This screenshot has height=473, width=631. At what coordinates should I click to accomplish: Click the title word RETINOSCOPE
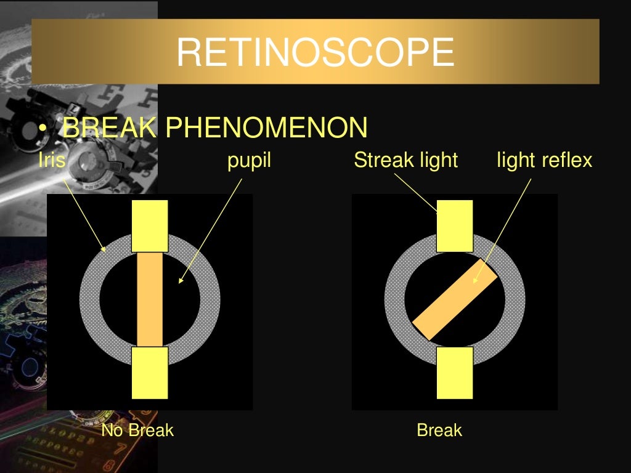coord(315,52)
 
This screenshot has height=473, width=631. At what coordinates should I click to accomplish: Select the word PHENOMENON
coord(266,128)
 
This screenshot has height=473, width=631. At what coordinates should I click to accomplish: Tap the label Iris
coord(51,160)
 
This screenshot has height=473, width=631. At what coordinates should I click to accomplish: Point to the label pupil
coord(249,160)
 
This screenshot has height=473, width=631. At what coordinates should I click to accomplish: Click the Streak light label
coord(405,160)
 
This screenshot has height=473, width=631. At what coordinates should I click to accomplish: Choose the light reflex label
coord(544,160)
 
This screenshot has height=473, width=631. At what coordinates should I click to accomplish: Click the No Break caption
coord(137,430)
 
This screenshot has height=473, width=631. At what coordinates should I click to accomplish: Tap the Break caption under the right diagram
coord(439,430)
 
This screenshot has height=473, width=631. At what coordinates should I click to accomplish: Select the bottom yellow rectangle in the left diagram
coord(150,372)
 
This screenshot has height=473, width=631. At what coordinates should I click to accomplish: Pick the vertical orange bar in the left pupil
coord(150,299)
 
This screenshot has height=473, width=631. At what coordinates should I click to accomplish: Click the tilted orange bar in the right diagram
coord(455,299)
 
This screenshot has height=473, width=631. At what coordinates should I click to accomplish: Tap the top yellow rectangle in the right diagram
coord(455,225)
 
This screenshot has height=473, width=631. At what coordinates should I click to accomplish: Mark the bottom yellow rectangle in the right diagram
coord(455,372)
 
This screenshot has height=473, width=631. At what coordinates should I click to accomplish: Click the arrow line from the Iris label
coord(83,209)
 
